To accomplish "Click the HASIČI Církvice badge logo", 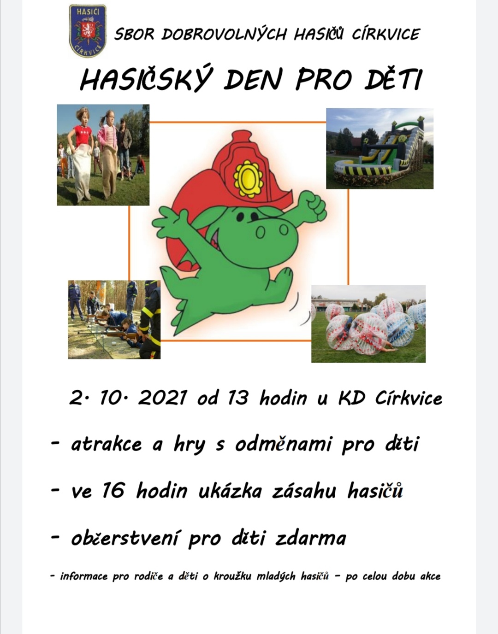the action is click(x=88, y=30).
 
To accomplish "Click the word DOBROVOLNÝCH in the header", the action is click(x=224, y=34).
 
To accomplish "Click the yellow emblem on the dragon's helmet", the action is click(x=248, y=178).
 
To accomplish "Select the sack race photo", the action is click(x=103, y=155).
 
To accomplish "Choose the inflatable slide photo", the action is click(x=379, y=148).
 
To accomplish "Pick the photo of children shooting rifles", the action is click(x=114, y=319).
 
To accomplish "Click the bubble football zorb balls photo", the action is click(x=368, y=323).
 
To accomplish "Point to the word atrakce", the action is click(x=106, y=445).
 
